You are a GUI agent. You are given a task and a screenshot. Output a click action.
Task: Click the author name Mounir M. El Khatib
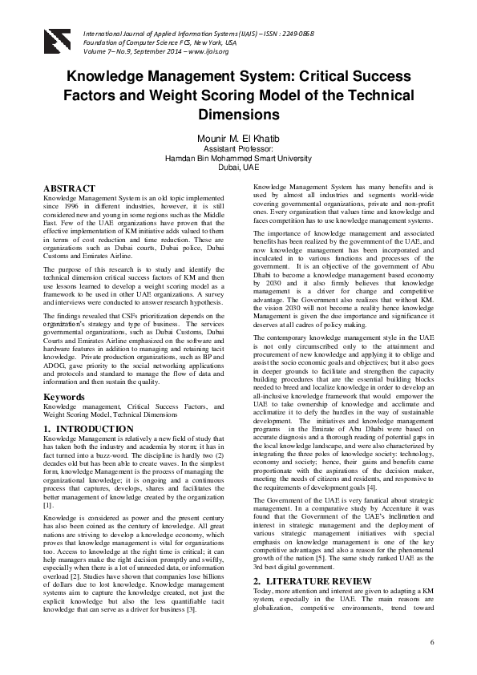pyautogui.click(x=239, y=138)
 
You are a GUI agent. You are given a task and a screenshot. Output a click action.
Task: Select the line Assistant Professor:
pyautogui.click(x=239, y=149)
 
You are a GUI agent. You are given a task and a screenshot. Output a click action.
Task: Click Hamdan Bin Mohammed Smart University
pyautogui.click(x=239, y=159)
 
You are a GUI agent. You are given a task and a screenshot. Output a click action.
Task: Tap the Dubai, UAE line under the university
pyautogui.click(x=239, y=169)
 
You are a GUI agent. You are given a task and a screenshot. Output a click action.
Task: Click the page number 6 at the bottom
pyautogui.click(x=432, y=643)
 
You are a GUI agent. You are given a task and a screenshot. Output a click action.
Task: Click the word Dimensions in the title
pyautogui.click(x=239, y=115)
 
